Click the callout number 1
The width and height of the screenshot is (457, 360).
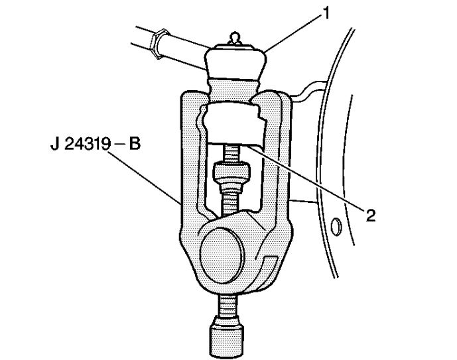(326, 13)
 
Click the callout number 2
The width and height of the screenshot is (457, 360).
(370, 215)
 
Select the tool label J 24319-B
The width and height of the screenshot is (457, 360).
(96, 144)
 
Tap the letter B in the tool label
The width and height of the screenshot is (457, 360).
(135, 144)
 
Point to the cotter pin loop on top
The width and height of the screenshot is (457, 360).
(235, 38)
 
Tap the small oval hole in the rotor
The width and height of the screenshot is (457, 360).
(336, 226)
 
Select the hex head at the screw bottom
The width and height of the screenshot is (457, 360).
(226, 336)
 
